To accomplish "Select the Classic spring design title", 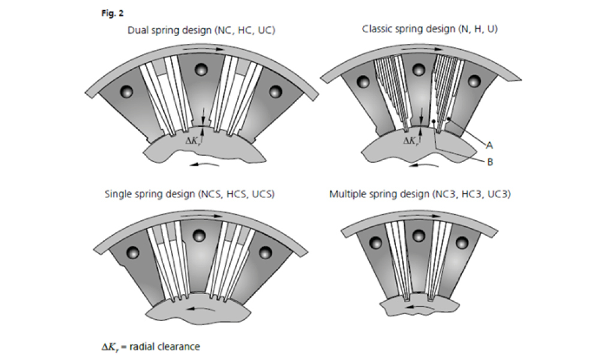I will [x=430, y=28].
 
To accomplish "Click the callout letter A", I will [x=490, y=145].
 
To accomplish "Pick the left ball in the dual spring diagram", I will [x=126, y=92].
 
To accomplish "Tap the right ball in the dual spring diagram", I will [x=275, y=92].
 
